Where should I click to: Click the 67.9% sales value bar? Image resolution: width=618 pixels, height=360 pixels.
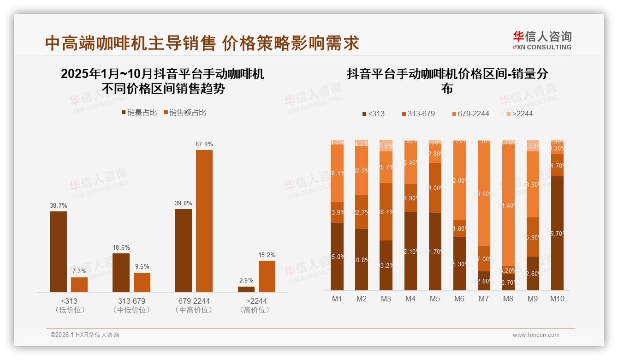point(204,221)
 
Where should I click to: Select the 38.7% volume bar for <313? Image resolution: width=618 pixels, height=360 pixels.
point(59,252)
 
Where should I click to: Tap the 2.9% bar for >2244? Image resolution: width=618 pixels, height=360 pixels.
point(246,289)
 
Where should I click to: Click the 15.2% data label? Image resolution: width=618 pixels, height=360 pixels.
point(267,255)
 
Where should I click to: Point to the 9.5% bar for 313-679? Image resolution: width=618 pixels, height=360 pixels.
point(142,282)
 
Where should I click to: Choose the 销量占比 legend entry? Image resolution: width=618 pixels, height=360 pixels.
point(139,112)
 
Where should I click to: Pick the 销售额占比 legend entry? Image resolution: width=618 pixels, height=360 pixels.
point(185,112)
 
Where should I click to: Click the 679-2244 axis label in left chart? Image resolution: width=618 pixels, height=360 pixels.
point(194,301)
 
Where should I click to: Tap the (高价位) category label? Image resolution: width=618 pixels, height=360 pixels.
point(254,310)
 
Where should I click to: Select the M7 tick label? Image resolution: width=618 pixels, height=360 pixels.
point(483,299)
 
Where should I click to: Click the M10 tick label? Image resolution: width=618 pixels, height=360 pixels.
point(557,299)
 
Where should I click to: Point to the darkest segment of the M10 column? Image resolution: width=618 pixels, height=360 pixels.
point(557,233)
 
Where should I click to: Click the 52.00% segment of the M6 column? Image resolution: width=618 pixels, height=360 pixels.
point(459,180)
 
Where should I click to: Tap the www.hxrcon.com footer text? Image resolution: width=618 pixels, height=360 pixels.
point(536,335)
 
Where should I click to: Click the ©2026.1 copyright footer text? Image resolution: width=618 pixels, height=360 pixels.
point(85,335)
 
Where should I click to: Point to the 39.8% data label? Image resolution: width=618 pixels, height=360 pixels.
point(184,203)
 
